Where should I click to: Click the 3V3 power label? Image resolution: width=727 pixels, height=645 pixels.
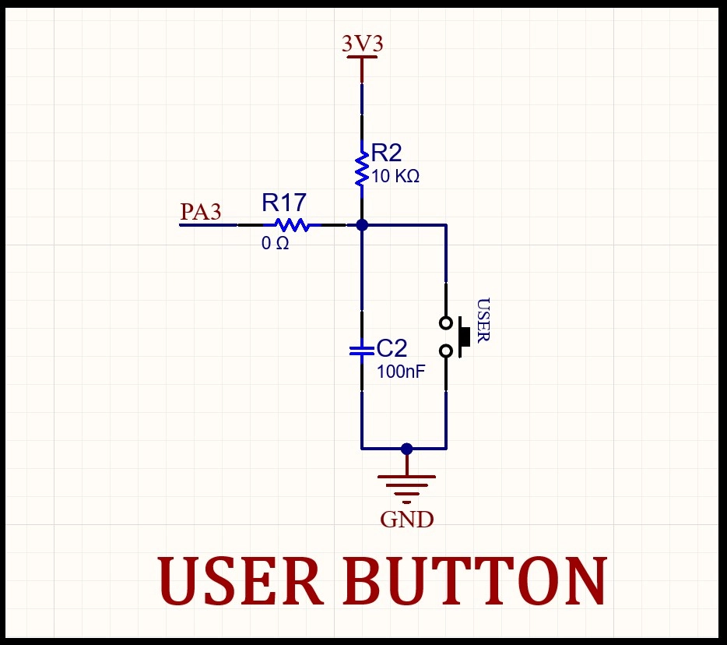(x=363, y=44)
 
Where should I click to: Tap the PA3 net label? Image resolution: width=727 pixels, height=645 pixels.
(x=200, y=211)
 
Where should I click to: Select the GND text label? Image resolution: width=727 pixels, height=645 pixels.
(x=406, y=520)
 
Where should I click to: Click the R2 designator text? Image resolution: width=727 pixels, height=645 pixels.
(x=386, y=153)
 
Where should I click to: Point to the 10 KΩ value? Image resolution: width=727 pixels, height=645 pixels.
(x=395, y=176)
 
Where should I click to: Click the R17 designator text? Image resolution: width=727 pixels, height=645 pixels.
(x=284, y=203)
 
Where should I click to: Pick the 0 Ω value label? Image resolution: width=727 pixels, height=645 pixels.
(x=275, y=243)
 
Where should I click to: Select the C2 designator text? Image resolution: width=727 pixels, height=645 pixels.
(x=392, y=348)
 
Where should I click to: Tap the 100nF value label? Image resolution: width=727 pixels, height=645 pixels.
(x=401, y=372)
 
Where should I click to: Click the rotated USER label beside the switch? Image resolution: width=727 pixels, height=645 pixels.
(x=483, y=320)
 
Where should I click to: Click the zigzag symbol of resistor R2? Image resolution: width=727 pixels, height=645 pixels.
(x=362, y=169)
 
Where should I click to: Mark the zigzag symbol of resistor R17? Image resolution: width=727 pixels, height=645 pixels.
(x=292, y=225)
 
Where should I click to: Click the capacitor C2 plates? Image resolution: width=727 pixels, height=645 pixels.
(x=362, y=351)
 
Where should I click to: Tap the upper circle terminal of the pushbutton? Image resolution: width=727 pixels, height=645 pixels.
(x=445, y=323)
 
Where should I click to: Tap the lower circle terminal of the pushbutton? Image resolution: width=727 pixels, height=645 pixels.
(x=445, y=351)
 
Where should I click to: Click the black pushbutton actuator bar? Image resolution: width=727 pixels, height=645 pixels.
(x=464, y=337)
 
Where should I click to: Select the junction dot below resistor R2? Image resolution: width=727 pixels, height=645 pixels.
(x=362, y=225)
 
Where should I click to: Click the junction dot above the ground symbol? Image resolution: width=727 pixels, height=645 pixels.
(x=406, y=449)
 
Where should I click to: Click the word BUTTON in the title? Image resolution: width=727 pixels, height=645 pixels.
(x=475, y=580)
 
